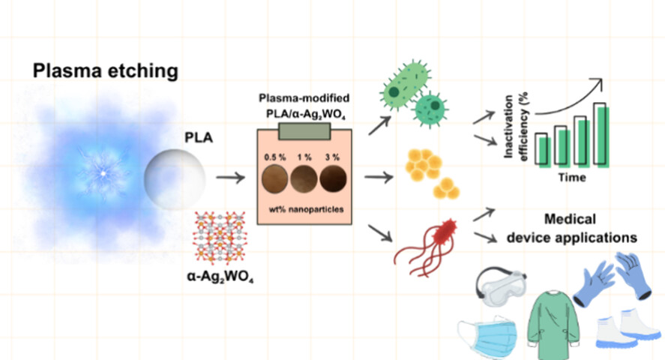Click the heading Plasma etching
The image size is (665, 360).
[x=105, y=71]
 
